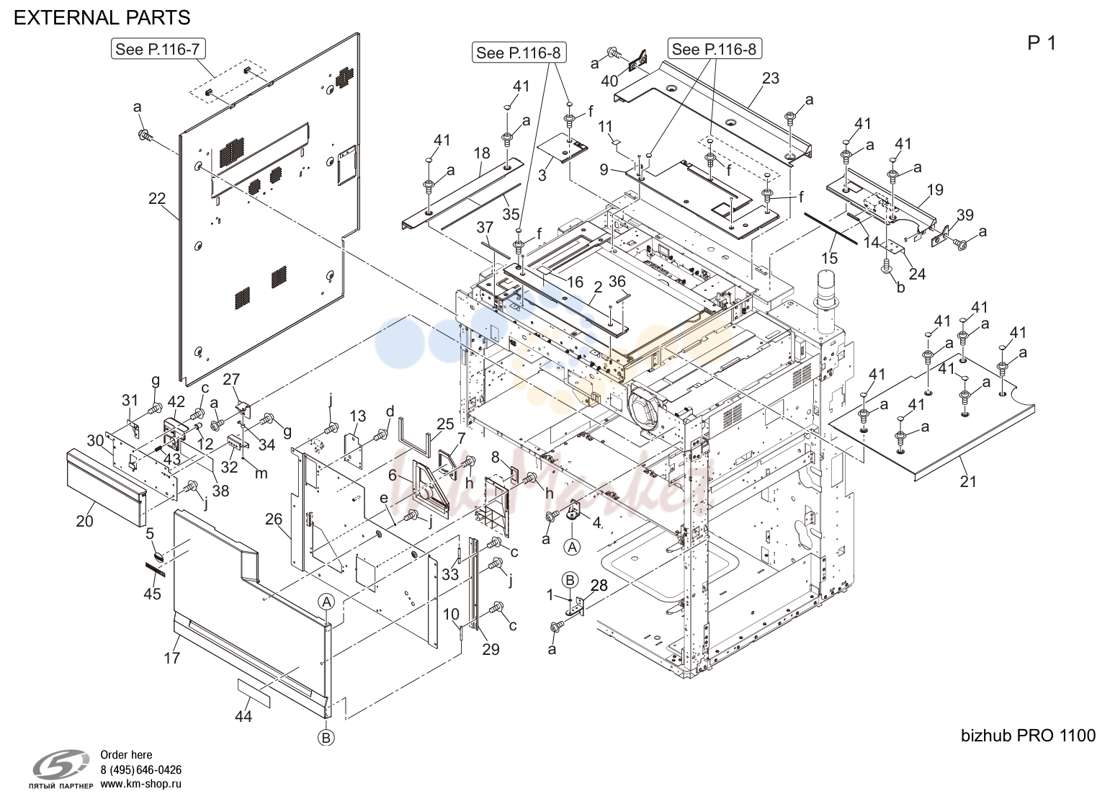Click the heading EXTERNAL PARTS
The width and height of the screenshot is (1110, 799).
tap(102, 18)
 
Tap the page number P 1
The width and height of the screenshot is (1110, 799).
tap(1042, 43)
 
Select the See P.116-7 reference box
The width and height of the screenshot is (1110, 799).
tap(158, 49)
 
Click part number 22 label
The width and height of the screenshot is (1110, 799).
tap(157, 199)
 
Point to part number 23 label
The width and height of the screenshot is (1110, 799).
tap(771, 78)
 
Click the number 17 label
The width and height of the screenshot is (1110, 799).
tap(172, 658)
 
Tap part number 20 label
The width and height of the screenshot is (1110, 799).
tap(84, 521)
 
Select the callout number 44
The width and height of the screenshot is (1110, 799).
tap(243, 715)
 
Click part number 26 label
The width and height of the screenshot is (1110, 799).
tap(274, 519)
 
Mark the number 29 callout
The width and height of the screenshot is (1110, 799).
tap(491, 649)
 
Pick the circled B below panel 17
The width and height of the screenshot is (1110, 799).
tap(326, 738)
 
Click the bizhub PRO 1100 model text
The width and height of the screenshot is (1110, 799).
tap(1028, 735)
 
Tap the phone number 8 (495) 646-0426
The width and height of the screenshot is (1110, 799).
tap(140, 769)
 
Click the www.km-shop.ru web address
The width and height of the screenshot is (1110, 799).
tap(140, 784)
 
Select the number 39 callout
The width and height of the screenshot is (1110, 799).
tap(964, 215)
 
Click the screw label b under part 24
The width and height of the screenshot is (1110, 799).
tap(900, 287)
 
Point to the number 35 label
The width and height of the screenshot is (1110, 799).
tap(511, 214)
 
